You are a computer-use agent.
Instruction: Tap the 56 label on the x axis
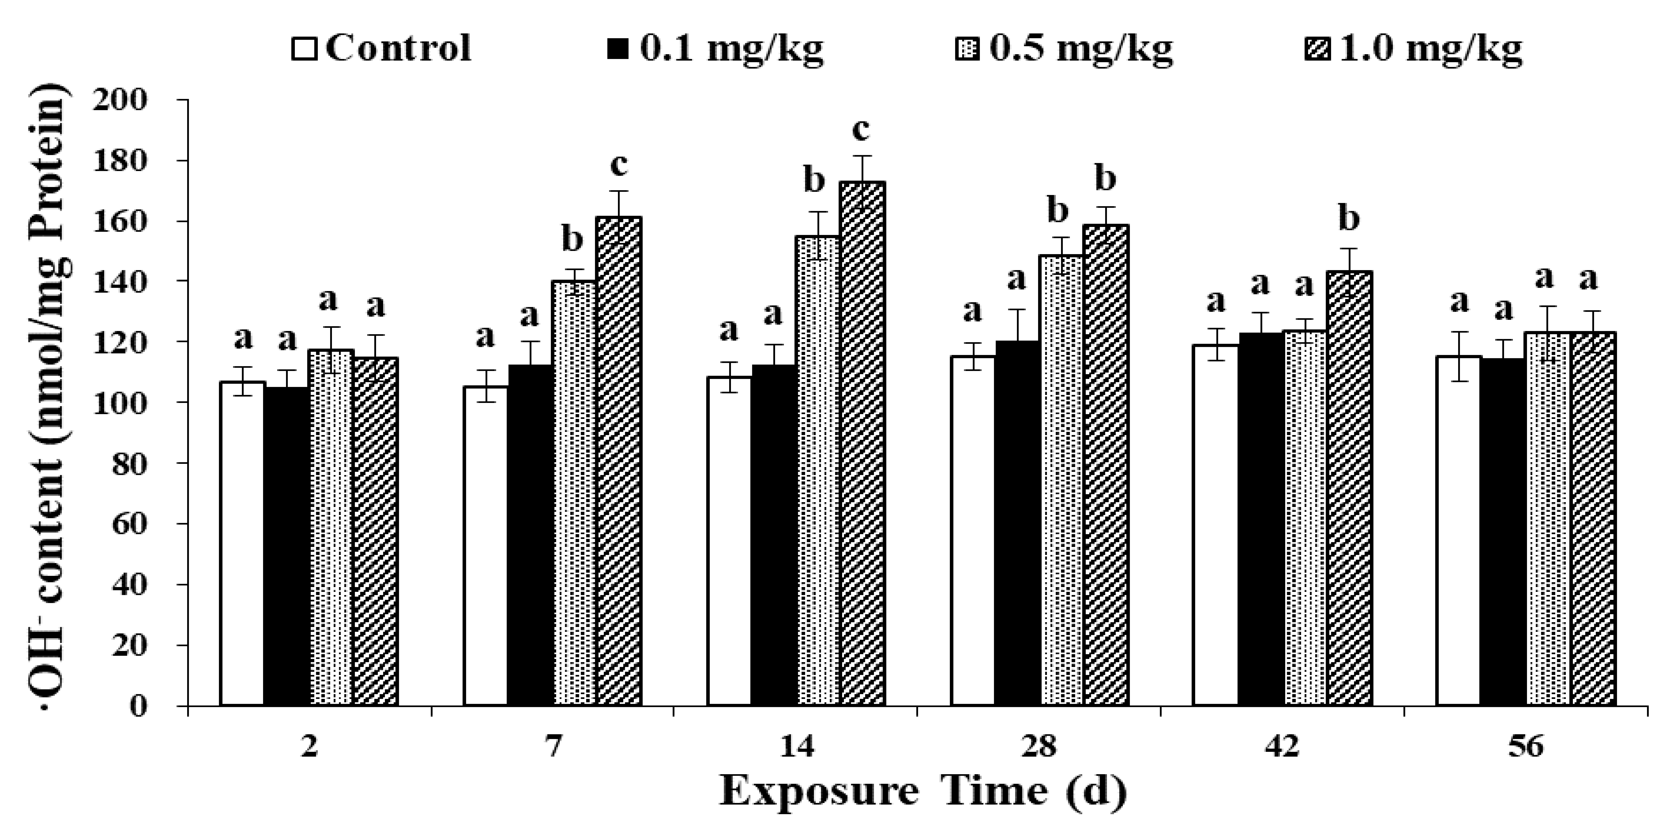coord(1525,747)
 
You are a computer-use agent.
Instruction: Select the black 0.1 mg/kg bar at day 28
coord(1018,524)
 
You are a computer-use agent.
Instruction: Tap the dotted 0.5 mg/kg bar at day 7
coord(575,495)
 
